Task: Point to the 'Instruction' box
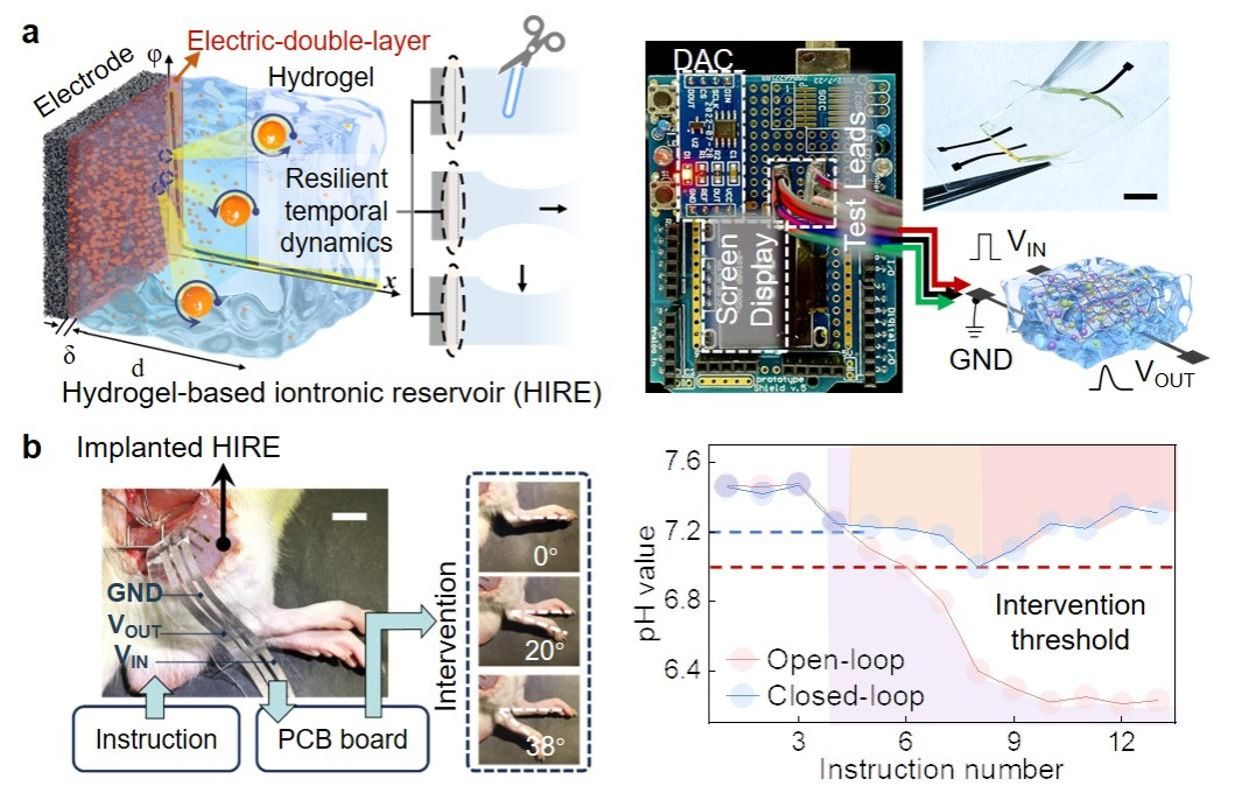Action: click(x=156, y=740)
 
